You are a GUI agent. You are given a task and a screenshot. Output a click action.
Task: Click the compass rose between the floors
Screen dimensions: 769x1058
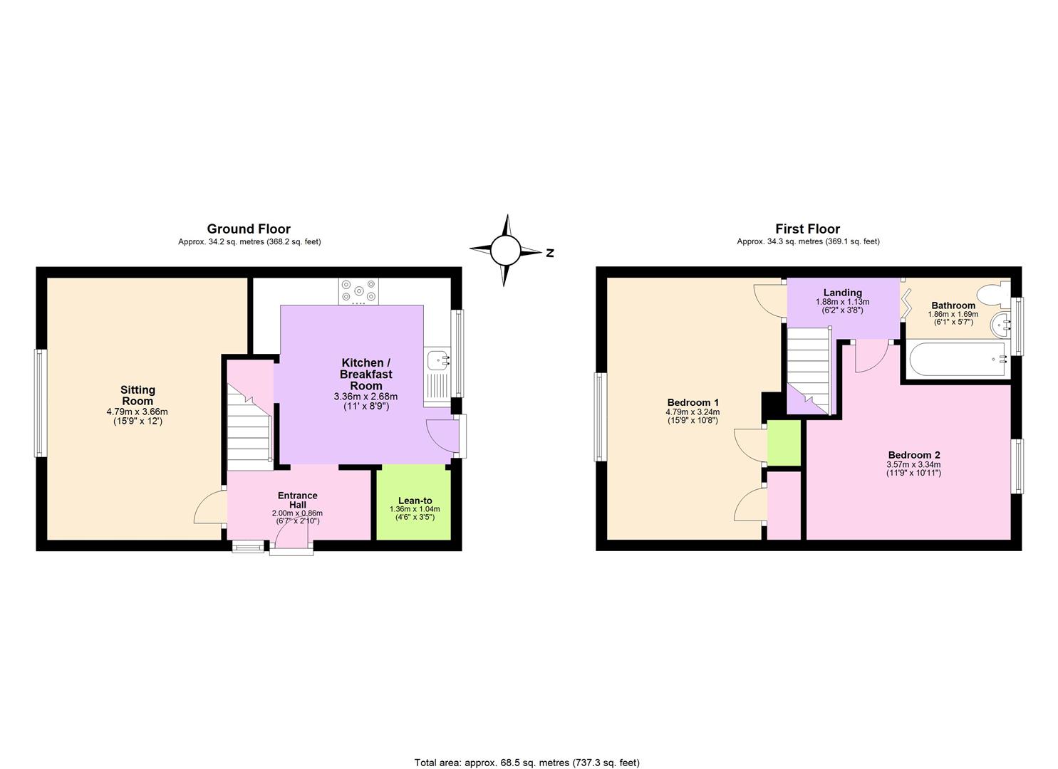(x=505, y=250)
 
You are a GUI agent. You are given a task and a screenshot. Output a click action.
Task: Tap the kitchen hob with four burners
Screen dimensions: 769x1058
(x=358, y=291)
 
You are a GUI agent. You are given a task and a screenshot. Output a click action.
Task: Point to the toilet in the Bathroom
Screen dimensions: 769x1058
(x=992, y=293)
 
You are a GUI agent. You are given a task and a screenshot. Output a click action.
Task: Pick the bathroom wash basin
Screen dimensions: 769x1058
(x=1003, y=325)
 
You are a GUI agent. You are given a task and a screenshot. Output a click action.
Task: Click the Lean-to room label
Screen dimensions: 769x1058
(x=415, y=501)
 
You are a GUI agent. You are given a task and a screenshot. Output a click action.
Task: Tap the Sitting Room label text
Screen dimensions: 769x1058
(x=138, y=395)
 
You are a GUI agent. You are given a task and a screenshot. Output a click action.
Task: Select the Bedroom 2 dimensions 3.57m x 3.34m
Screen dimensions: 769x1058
(x=913, y=465)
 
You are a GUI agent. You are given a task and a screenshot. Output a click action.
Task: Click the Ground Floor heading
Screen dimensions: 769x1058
(x=249, y=229)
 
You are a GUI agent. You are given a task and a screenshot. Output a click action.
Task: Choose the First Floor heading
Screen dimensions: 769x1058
(x=807, y=229)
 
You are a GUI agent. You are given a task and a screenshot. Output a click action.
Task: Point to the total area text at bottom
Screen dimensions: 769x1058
(x=527, y=763)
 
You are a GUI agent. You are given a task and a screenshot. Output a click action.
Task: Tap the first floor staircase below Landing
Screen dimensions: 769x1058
(x=809, y=370)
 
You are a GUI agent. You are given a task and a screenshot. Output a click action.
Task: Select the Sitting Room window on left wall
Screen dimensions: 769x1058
(x=41, y=403)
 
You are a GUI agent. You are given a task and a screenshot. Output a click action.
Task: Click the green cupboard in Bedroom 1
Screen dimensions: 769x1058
(x=784, y=443)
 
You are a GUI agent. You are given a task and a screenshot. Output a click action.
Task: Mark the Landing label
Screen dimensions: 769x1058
(x=842, y=293)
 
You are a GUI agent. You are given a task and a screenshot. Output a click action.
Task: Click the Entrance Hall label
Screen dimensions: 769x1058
(x=297, y=500)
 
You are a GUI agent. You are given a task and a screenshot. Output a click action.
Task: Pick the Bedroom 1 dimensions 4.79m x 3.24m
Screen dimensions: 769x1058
(x=692, y=412)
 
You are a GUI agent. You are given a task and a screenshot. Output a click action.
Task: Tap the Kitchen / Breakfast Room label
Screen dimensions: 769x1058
(x=365, y=374)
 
